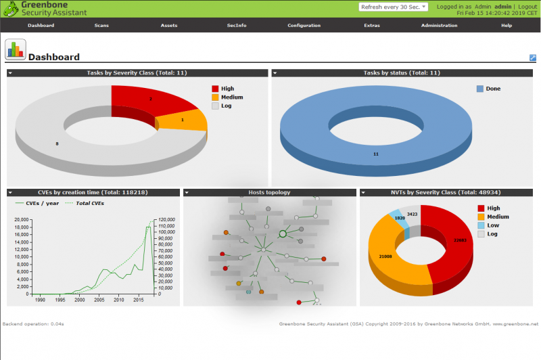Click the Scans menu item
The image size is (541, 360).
tap(101, 25)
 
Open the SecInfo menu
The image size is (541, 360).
tap(237, 25)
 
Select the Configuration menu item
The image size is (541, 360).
tap(304, 25)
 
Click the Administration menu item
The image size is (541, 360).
tap(439, 25)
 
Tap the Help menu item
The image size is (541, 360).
tap(507, 25)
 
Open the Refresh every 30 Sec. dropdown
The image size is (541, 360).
tap(394, 7)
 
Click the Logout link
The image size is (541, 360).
tap(527, 6)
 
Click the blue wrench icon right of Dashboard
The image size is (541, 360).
tap(532, 58)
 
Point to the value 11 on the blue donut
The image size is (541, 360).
tap(376, 154)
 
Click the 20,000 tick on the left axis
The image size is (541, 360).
tap(22, 220)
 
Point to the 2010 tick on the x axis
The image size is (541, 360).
tap(118, 299)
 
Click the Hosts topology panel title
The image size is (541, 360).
tap(269, 192)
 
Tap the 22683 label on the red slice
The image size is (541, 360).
tap(460, 240)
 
